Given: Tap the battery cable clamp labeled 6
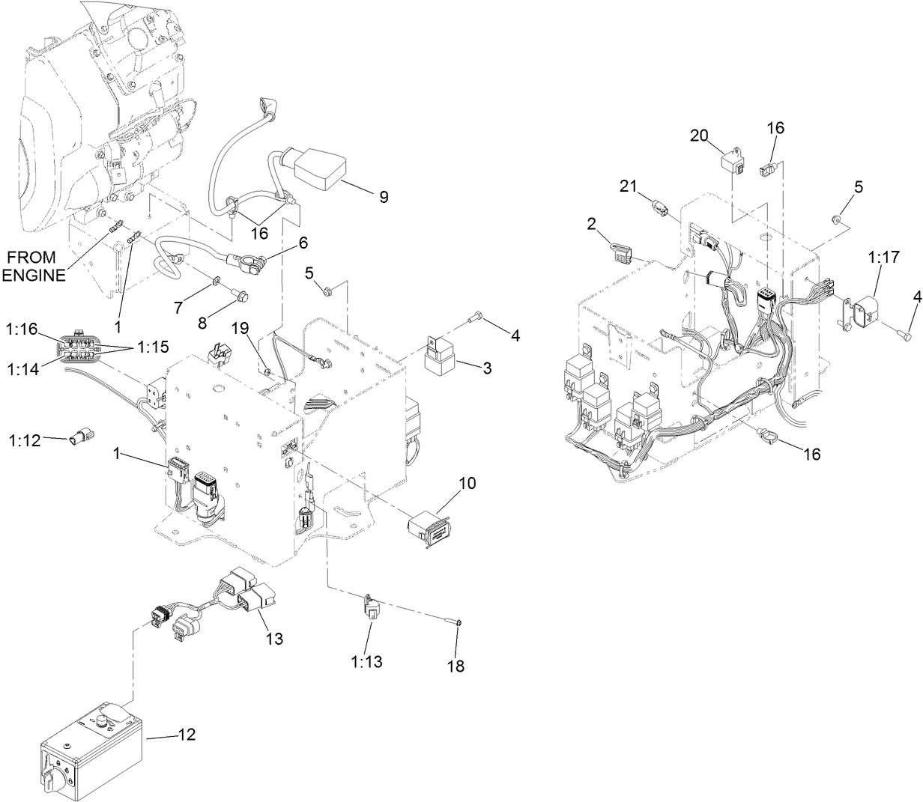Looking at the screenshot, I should tap(248, 263).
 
